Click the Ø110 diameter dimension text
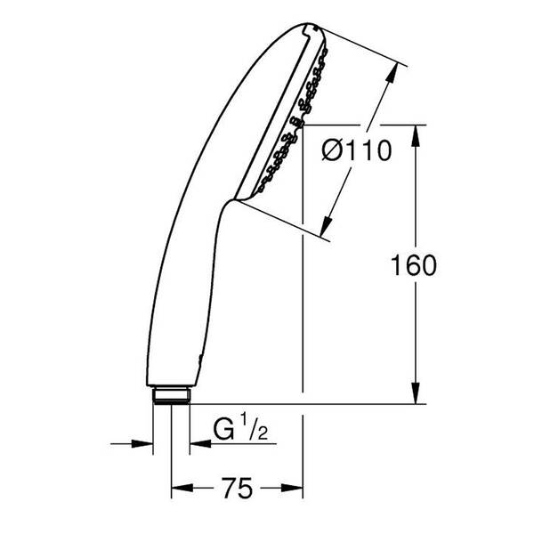[356, 152]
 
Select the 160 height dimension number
[415, 266]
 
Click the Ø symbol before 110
[330, 152]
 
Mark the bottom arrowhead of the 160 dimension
[415, 396]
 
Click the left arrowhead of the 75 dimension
[179, 488]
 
